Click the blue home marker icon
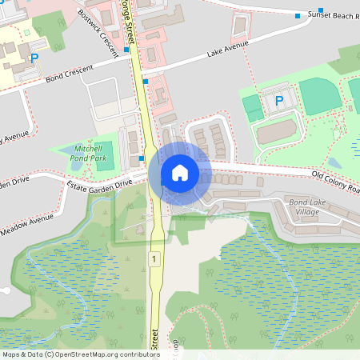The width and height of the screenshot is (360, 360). click(x=180, y=172)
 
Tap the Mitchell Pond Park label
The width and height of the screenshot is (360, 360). click(x=89, y=154)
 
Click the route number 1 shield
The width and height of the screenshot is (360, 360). click(x=153, y=258)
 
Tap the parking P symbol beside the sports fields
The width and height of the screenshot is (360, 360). click(x=278, y=101)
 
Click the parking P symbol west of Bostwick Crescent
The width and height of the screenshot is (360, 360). click(x=34, y=58)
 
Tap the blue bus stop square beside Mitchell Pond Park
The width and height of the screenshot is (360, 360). click(x=142, y=158)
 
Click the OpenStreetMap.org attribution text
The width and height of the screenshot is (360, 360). click(x=93, y=354)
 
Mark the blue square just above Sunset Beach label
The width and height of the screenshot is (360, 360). click(x=320, y=9)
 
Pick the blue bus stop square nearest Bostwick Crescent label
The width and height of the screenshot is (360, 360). click(x=126, y=49)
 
